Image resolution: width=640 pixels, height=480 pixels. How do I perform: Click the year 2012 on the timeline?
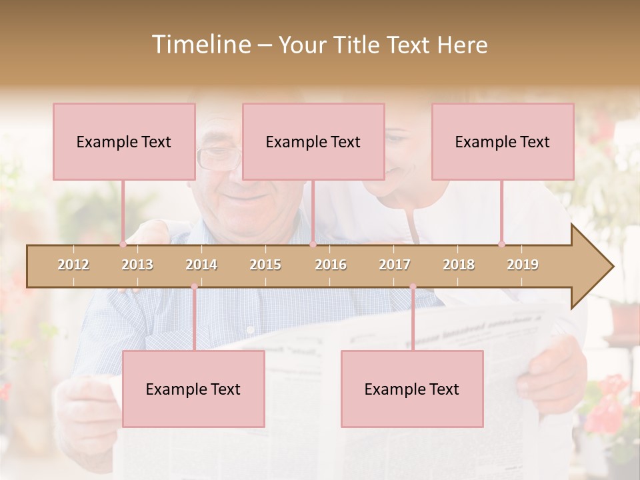point(73,265)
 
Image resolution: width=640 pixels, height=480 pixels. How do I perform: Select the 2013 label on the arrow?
point(137,265)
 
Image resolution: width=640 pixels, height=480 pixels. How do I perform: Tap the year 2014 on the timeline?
point(201,265)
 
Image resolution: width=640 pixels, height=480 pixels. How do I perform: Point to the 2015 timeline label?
point(265,265)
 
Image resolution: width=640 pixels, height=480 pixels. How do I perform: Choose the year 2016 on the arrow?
point(331,265)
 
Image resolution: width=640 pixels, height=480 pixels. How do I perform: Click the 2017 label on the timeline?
point(395,265)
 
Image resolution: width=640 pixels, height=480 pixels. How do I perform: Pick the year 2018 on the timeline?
point(459,265)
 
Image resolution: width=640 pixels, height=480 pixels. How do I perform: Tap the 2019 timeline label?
point(523,265)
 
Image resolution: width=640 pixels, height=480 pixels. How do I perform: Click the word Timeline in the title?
point(201,45)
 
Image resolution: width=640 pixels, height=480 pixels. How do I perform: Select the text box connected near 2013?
point(124,141)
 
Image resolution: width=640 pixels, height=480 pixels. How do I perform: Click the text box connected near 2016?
point(313,141)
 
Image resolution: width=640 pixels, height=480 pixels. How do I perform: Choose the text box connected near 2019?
point(503,141)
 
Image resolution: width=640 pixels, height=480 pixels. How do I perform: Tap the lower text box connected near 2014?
point(193,389)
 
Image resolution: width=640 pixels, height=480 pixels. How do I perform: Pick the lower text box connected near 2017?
point(412,389)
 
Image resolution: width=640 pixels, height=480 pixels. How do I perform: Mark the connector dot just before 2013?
point(123,244)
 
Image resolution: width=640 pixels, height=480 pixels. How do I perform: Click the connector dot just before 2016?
point(313,244)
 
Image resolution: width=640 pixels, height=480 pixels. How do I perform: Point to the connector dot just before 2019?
point(501,244)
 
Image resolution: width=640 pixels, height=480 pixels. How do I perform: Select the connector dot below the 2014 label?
point(194,287)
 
